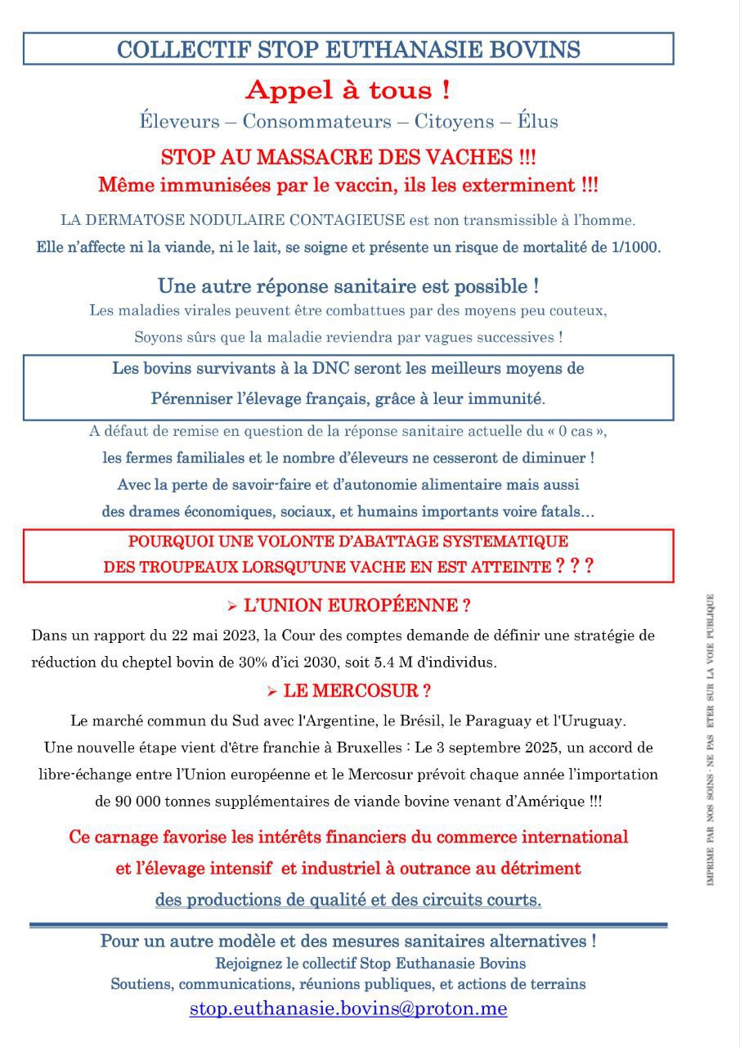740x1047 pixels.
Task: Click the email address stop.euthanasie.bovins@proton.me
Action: (348, 1009)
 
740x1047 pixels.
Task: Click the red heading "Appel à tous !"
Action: (348, 90)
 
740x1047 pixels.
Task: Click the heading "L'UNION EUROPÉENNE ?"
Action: (357, 606)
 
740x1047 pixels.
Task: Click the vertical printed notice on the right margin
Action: (711, 740)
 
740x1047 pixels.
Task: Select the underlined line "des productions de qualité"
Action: (348, 900)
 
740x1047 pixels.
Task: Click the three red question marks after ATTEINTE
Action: (574, 565)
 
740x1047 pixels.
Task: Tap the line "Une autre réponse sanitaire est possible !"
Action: (348, 287)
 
